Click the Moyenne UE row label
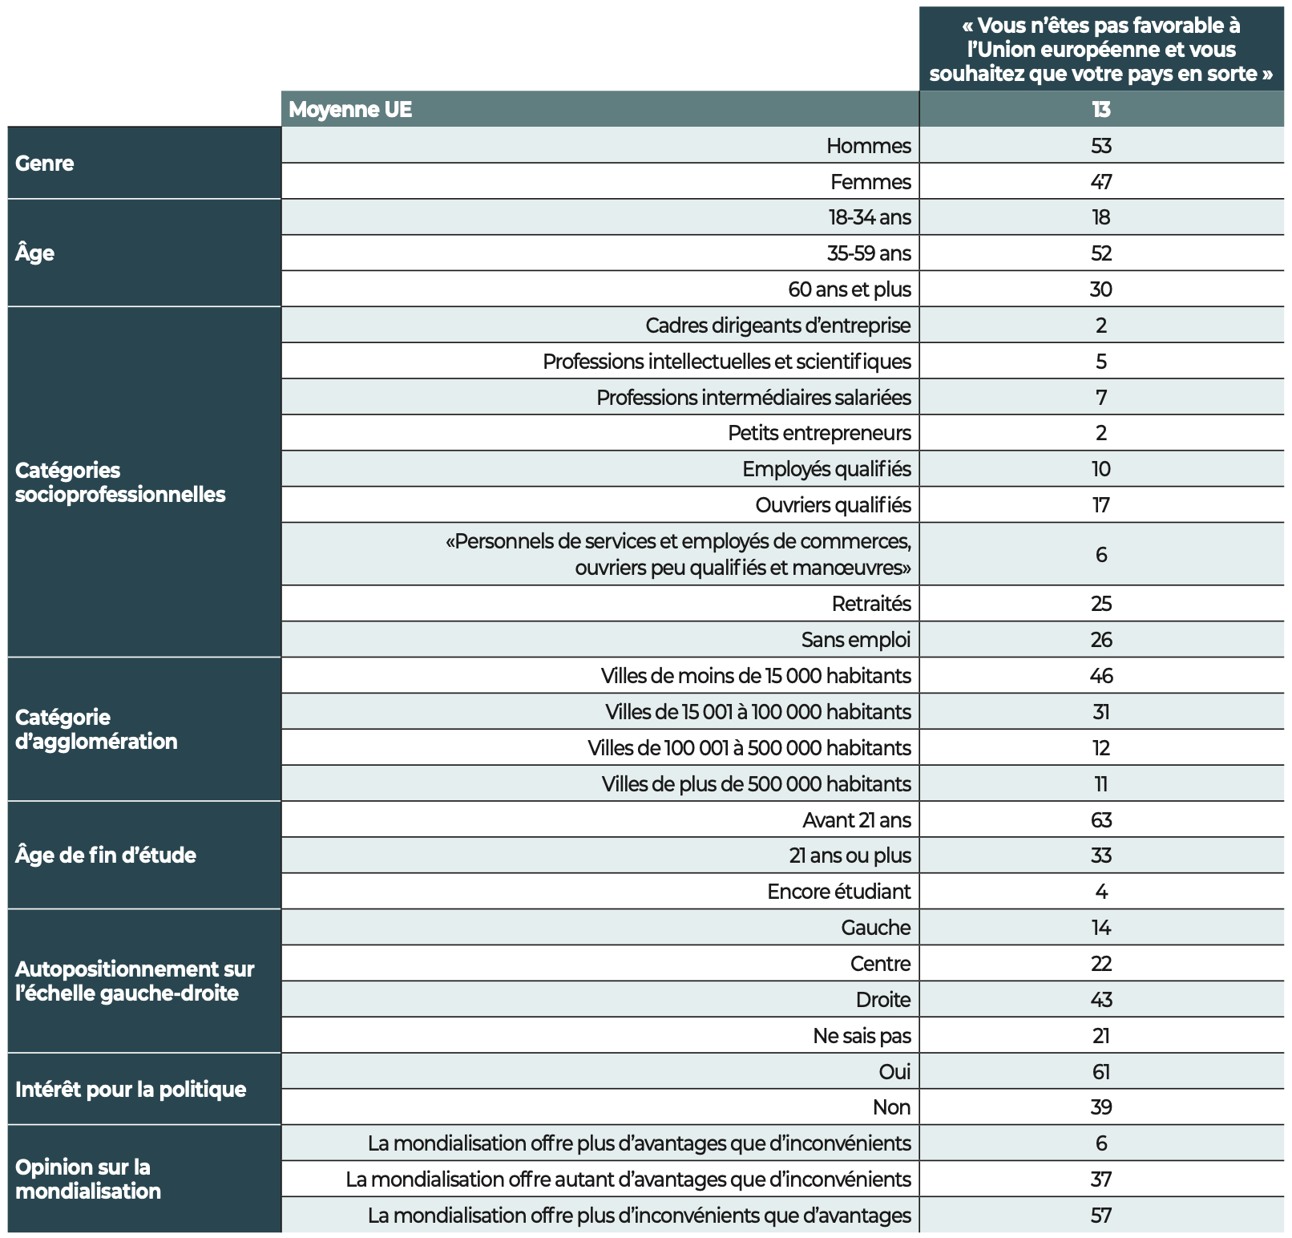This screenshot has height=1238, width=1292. [350, 109]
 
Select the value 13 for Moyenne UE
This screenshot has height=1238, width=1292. [1100, 109]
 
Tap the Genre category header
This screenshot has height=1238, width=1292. [45, 163]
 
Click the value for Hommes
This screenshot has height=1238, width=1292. [1100, 146]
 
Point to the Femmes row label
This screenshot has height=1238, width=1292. [870, 182]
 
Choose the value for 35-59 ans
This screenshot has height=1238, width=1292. [1100, 253]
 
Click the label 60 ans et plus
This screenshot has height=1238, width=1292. [850, 289]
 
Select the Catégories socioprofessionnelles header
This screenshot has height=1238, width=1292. [120, 482]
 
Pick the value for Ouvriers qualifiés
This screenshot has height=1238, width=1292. [1100, 505]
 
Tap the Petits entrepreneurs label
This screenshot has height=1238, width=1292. [819, 433]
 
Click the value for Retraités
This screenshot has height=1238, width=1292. [1100, 604]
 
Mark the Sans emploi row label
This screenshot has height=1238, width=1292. [856, 640]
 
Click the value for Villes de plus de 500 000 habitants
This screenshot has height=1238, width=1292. [1100, 784]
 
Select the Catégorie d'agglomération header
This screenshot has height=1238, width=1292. [96, 729]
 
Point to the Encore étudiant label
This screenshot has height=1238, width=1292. [839, 892]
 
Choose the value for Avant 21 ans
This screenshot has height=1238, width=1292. [1100, 820]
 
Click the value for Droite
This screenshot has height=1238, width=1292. [1100, 1000]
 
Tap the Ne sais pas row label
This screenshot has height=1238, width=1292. [862, 1036]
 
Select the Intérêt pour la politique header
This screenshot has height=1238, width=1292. [131, 1089]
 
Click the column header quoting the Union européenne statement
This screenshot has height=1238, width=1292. [1100, 50]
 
